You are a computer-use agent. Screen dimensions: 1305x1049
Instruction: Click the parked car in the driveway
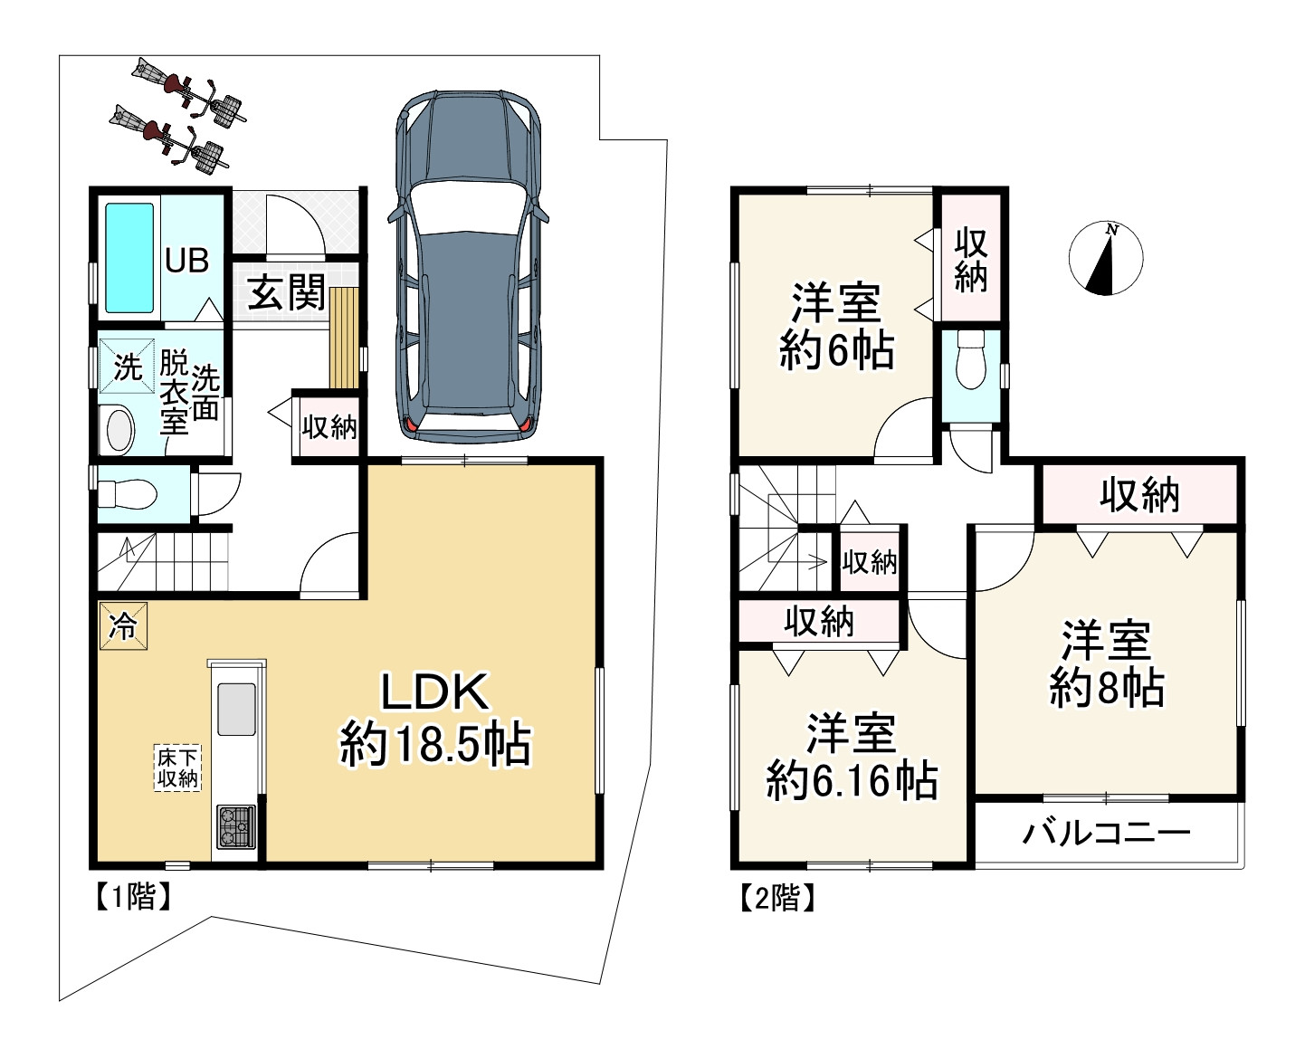coord(468,267)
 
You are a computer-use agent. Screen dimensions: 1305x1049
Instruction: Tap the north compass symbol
coord(1106,259)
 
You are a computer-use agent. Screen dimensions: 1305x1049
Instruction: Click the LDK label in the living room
coord(434,691)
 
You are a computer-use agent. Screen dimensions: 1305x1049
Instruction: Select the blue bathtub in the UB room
coord(129,258)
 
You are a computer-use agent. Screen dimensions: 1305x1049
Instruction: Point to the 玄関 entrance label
coord(286,292)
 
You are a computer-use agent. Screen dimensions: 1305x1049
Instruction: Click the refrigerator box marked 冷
coord(123,625)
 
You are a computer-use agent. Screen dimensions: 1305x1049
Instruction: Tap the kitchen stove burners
coord(236,825)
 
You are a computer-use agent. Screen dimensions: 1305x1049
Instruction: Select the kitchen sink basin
coord(236,709)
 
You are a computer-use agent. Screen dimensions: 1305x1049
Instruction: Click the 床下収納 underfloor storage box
coord(177,768)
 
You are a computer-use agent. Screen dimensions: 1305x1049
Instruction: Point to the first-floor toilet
coord(128,493)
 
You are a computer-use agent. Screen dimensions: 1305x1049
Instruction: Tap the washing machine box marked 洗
coord(127,366)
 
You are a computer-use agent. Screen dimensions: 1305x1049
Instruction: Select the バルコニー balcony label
coord(1106,834)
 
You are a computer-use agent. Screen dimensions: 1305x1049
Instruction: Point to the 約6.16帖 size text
coord(852,781)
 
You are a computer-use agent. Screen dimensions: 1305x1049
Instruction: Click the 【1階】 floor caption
coord(133,896)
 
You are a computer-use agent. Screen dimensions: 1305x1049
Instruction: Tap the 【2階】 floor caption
coord(776,898)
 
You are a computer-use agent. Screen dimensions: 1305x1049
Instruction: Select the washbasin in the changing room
coord(120,430)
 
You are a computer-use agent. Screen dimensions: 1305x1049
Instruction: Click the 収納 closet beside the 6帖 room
coord(970,260)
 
